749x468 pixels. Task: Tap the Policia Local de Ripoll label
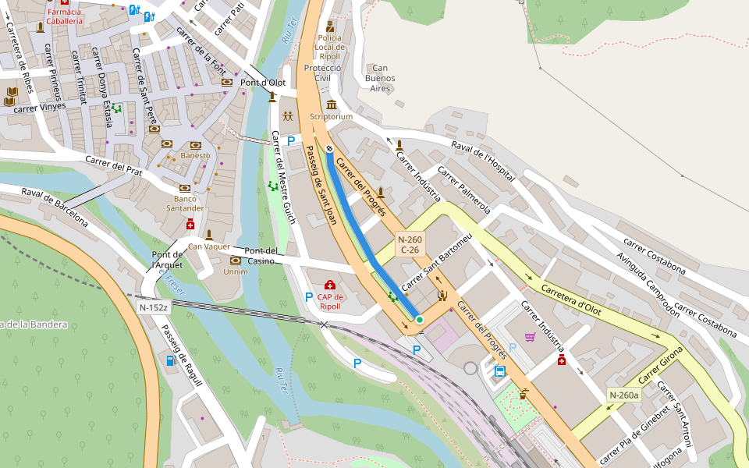[x=329, y=48]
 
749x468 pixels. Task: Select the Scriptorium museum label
[x=331, y=116]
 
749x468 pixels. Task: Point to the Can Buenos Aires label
[x=380, y=78]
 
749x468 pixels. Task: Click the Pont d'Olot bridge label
[x=262, y=83]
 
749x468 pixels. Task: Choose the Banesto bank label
[x=195, y=155]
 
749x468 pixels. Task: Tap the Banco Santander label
[x=185, y=204]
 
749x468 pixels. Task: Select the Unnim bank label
[x=235, y=271]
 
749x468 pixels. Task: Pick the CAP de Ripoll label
[x=329, y=301]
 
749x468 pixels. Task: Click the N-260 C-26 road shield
[x=410, y=245]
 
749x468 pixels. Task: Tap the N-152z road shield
[x=153, y=307]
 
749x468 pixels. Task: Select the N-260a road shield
[x=623, y=395]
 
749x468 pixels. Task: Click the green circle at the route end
[x=419, y=319]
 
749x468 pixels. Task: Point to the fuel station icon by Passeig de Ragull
[x=170, y=360]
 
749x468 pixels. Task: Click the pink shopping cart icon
[x=531, y=336]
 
